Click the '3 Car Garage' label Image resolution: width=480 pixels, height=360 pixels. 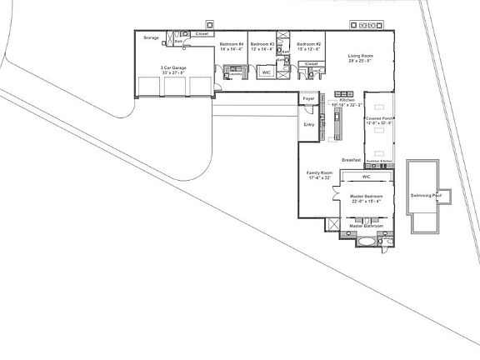click(x=173, y=68)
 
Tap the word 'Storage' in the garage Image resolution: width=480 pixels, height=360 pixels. click(x=151, y=37)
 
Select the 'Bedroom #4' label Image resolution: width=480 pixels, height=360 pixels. click(x=231, y=44)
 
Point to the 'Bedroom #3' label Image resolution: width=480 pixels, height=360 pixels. click(x=262, y=44)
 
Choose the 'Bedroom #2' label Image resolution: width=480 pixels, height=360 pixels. click(x=309, y=44)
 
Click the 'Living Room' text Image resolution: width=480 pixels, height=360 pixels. click(x=361, y=56)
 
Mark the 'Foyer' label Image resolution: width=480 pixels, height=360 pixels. click(x=308, y=98)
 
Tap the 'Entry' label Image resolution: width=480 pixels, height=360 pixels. click(x=308, y=125)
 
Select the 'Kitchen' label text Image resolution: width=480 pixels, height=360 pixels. click(x=346, y=100)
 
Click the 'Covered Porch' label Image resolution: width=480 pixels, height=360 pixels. click(x=379, y=118)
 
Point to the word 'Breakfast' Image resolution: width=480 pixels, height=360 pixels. click(x=351, y=160)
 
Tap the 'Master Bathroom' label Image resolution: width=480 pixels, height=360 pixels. click(x=366, y=226)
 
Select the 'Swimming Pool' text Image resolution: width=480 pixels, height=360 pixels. click(x=425, y=196)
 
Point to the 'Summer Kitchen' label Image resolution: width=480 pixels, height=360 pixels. click(x=378, y=160)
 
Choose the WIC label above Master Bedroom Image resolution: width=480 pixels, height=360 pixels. click(x=366, y=177)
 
